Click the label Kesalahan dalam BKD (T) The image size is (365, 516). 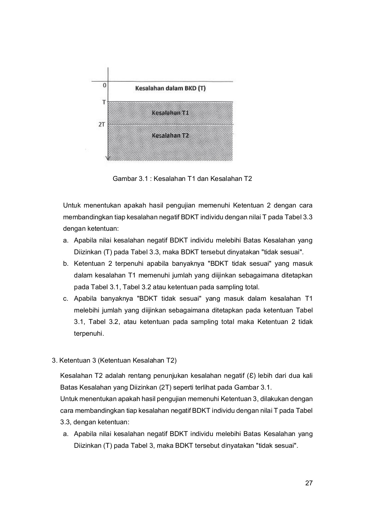tap(170, 88)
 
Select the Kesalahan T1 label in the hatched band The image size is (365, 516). tap(170, 113)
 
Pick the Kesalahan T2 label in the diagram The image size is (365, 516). tap(170, 135)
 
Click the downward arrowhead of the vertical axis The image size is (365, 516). tap(108, 158)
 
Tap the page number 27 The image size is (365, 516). tap(309, 483)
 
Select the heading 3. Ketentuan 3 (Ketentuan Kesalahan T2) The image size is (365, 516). tap(114, 360)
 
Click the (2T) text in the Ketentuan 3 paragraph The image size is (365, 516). tap(165, 388)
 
